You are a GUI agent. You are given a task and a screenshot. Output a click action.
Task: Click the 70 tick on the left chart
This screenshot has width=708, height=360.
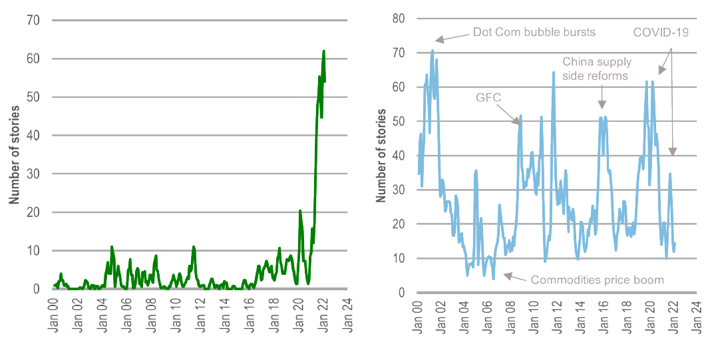pos(33,21)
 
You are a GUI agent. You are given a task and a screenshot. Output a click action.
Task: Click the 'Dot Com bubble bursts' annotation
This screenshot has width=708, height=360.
pos(534,32)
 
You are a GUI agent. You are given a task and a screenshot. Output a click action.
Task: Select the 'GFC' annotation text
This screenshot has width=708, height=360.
pos(488,97)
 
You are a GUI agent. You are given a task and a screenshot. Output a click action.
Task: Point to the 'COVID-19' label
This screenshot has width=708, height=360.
pos(661,32)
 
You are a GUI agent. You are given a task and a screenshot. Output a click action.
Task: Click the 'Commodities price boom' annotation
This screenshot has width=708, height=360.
pos(597,279)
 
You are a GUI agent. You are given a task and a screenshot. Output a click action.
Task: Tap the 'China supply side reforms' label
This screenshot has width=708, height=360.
pos(596,69)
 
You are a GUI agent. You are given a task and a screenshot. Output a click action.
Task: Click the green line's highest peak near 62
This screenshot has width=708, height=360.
pos(323,51)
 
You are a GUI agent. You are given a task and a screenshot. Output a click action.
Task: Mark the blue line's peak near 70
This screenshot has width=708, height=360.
pos(433,50)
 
